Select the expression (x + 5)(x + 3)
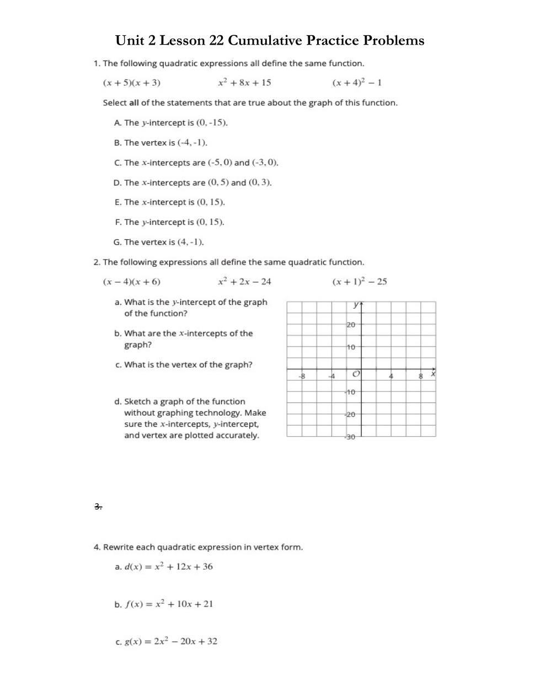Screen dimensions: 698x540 pos(132,83)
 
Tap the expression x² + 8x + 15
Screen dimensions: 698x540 pos(244,83)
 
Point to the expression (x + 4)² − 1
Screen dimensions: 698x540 pos(357,83)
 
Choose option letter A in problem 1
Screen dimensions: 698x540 pos(117,123)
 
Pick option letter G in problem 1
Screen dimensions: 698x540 pos(117,242)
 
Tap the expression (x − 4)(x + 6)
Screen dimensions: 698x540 pos(132,282)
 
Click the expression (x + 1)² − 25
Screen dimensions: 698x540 pos(359,282)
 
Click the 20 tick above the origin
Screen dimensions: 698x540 pos(351,325)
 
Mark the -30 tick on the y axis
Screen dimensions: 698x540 pos(350,437)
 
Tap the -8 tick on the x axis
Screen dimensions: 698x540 pos(301,377)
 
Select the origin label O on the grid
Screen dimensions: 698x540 pos(356,375)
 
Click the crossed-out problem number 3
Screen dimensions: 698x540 pos(97,506)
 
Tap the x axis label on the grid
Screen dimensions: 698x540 pos(433,374)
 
